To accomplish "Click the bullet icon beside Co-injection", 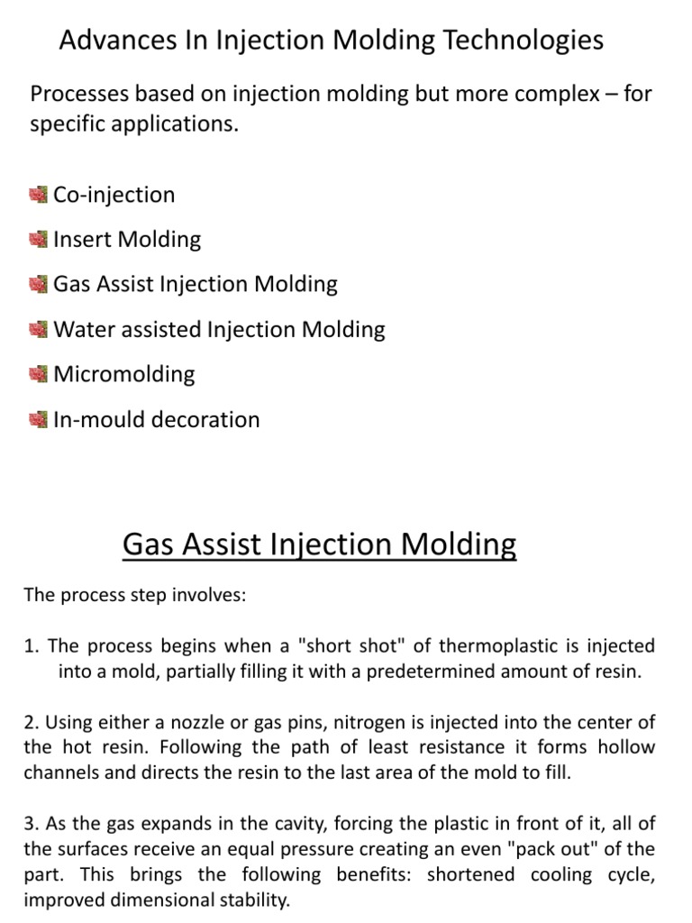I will [x=38, y=195].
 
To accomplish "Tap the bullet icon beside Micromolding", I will [x=38, y=374].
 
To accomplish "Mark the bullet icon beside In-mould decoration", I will [x=38, y=419].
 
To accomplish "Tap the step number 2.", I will [x=29, y=722].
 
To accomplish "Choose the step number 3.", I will [x=29, y=823].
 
